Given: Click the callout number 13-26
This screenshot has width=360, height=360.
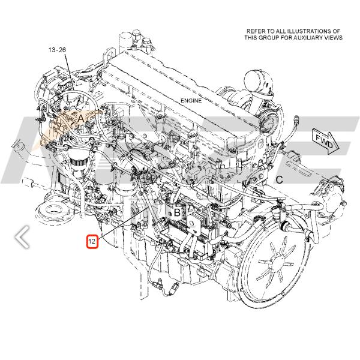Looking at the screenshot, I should tap(57, 50).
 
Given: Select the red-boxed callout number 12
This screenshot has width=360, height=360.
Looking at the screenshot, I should tap(92, 242).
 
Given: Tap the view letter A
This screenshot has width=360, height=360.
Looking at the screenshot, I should tap(80, 119).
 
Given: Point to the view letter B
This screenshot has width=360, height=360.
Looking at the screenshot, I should tap(177, 212).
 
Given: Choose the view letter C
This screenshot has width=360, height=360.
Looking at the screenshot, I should tap(279, 179).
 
